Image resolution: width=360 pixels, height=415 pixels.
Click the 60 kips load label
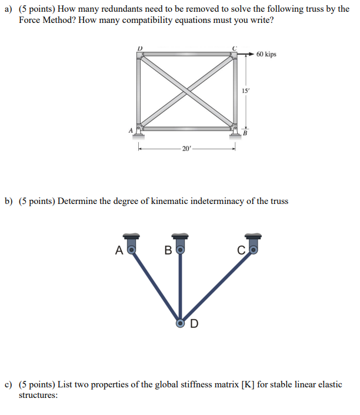[266, 54]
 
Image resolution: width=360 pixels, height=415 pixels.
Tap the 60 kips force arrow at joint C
[246, 54]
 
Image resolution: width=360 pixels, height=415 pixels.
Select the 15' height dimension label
[245, 91]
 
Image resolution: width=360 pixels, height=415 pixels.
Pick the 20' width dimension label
[186, 149]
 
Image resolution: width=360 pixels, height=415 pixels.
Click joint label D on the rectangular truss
[140, 48]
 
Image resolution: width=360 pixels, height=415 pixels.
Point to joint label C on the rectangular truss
[235, 48]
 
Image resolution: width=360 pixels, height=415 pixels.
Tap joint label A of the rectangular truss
[131, 130]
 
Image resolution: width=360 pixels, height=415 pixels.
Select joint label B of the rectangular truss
[245, 133]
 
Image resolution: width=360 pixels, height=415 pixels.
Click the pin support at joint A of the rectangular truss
[139, 132]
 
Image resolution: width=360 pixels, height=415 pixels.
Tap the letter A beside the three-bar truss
[119, 250]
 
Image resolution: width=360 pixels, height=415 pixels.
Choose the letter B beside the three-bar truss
[168, 250]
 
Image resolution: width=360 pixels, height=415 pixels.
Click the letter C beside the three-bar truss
[241, 250]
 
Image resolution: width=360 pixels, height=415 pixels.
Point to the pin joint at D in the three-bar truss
[181, 323]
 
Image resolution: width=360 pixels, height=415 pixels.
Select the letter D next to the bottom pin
[194, 323]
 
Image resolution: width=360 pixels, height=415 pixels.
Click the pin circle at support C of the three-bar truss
[254, 250]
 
